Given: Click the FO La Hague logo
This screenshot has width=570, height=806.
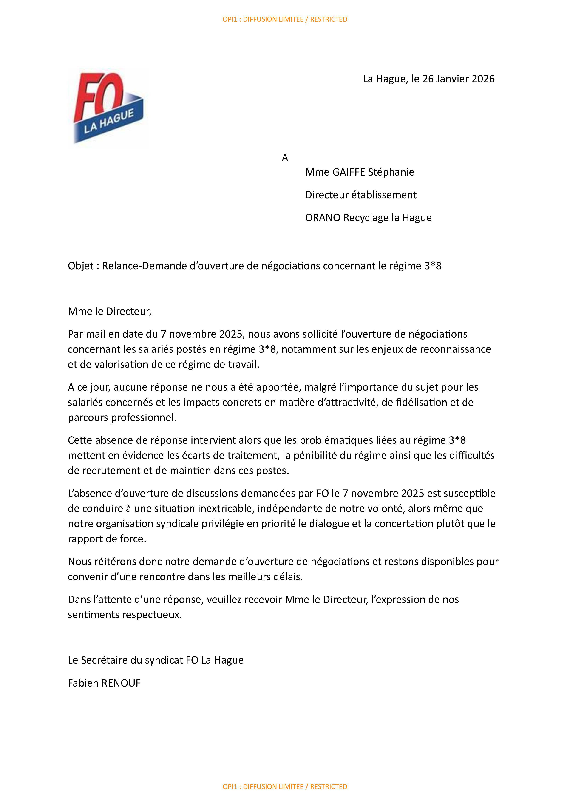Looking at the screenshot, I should coord(108,108).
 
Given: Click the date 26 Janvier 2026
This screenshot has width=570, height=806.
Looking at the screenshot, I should coord(458,79).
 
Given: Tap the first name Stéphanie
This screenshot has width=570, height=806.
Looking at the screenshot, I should coord(391,172).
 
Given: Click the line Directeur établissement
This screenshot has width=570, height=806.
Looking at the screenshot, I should coord(360,195).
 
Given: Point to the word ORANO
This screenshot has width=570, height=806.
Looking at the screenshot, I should coord(323,218).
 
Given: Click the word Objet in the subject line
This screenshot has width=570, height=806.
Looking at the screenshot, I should coord(81,266).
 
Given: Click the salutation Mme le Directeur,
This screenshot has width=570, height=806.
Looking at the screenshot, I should coord(110,311).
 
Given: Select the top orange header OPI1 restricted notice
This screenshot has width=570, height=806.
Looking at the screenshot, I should coord(285,19).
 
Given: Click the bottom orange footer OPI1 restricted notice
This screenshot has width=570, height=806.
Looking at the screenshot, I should coord(285,787).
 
